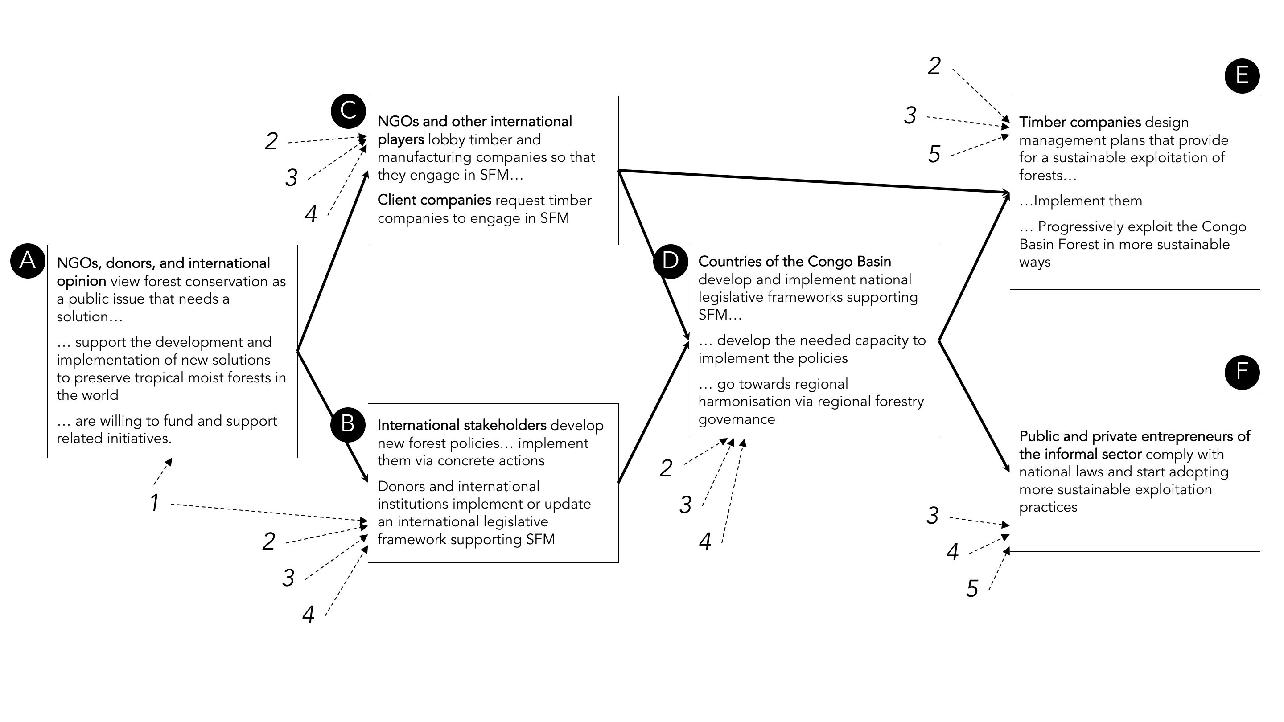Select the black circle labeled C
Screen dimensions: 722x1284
[348, 111]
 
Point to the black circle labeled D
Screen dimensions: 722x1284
[671, 261]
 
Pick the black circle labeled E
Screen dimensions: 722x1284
[1242, 76]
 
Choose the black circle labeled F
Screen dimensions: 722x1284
[1242, 372]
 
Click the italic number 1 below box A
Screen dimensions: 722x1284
[155, 502]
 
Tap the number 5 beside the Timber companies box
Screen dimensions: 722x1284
[934, 154]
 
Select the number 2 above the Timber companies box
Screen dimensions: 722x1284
[934, 66]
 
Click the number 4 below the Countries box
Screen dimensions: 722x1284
[705, 541]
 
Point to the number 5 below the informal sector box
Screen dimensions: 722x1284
[972, 588]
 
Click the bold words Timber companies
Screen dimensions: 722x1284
[1080, 122]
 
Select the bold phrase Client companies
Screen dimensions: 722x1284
[434, 200]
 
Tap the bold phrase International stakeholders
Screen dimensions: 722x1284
[461, 425]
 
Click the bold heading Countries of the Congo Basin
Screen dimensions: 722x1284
[794, 262]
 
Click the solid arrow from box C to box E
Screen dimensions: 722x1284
[812, 181]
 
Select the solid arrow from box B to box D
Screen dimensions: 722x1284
[654, 411]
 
